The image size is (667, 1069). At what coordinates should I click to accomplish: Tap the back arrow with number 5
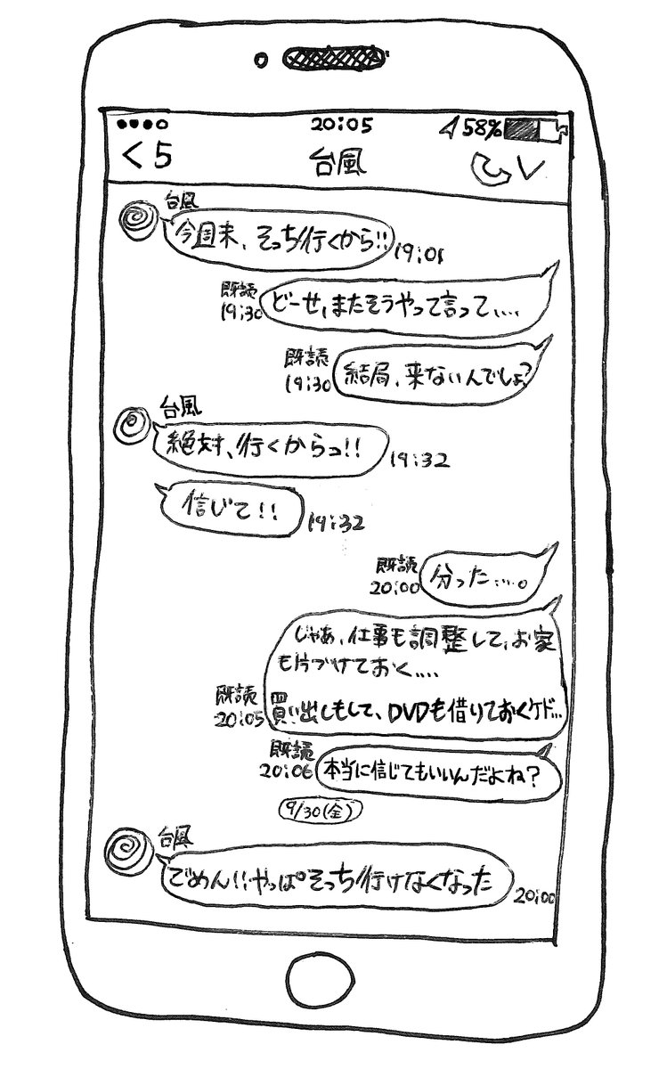[x=147, y=158]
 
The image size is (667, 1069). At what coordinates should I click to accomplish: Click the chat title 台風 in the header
[x=339, y=164]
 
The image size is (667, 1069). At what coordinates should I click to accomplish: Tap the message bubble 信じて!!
[x=230, y=513]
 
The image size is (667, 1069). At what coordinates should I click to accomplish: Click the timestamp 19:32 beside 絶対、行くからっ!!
[x=419, y=461]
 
